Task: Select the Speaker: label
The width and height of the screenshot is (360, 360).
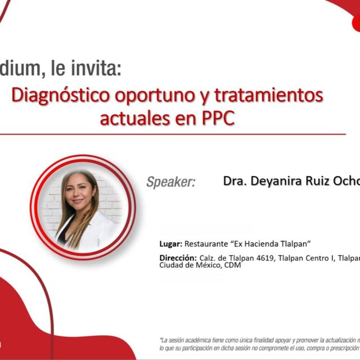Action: pyautogui.click(x=171, y=182)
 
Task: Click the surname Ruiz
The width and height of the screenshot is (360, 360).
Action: pyautogui.click(x=319, y=181)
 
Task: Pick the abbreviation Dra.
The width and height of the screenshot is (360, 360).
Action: pyautogui.click(x=235, y=181)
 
